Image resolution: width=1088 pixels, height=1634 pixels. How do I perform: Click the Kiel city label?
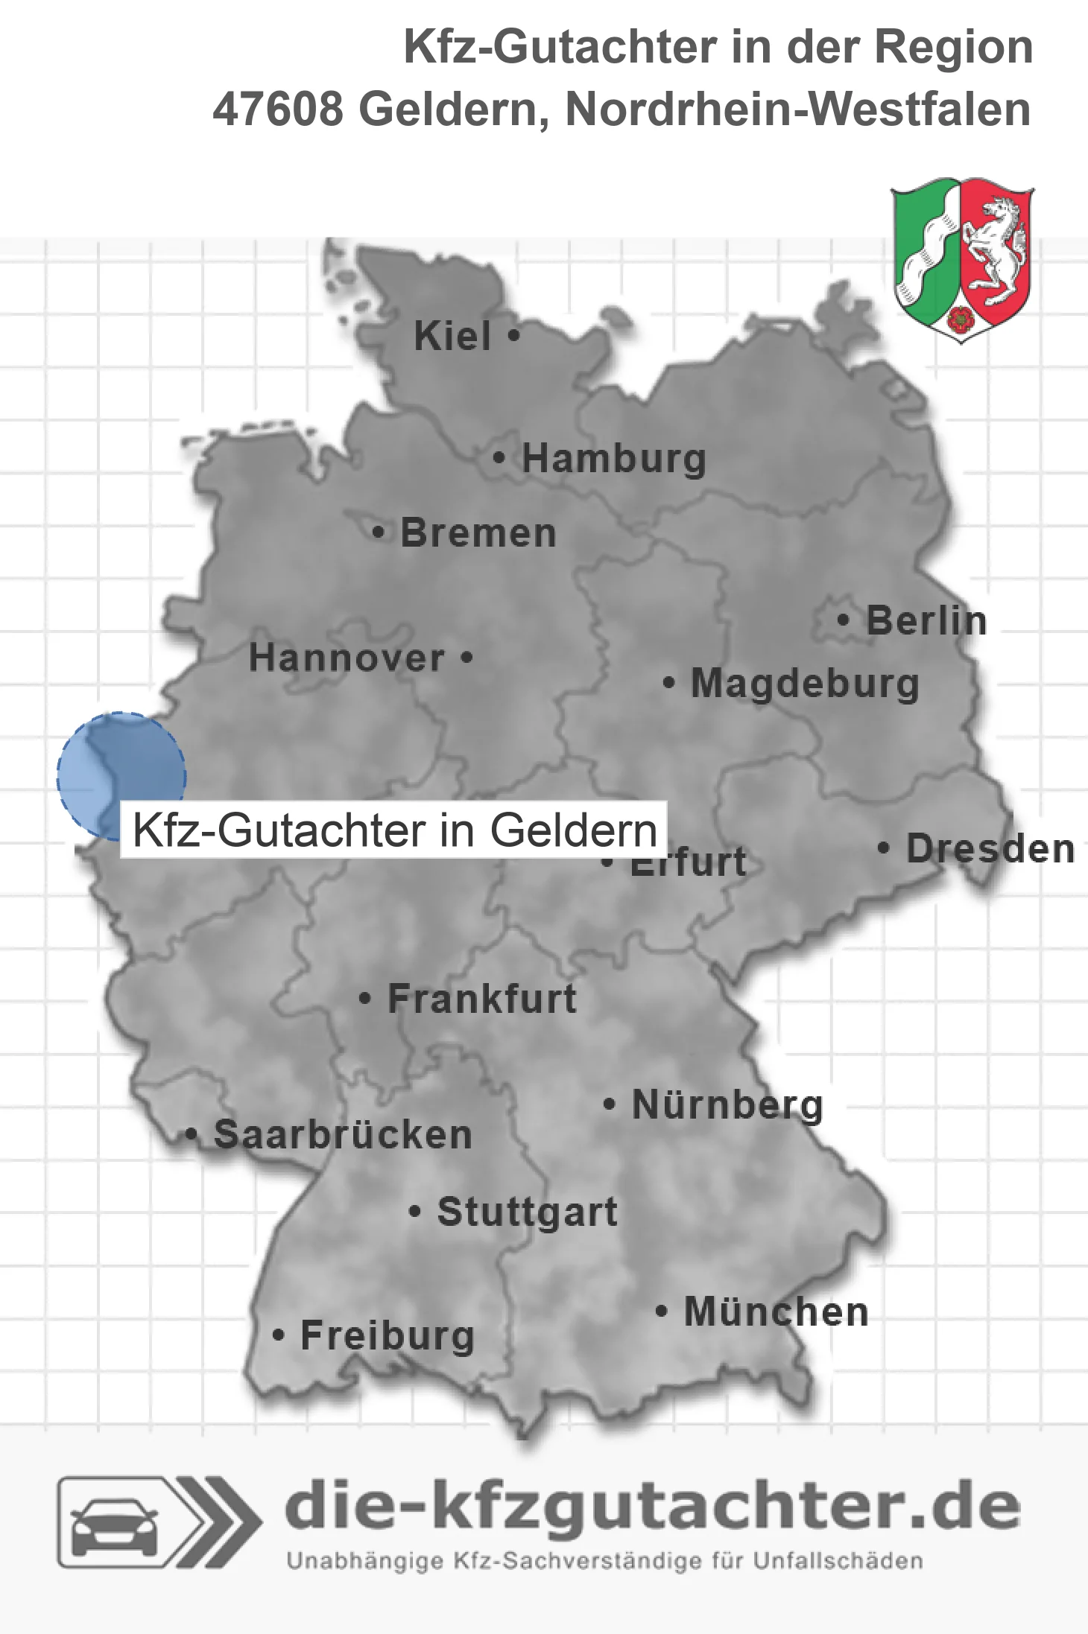pyautogui.click(x=452, y=336)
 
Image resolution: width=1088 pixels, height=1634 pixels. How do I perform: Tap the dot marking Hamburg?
pyautogui.click(x=499, y=457)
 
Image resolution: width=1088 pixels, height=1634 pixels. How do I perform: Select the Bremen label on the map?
pyautogui.click(x=478, y=533)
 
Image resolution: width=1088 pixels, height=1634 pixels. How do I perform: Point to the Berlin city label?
pyautogui.click(x=926, y=621)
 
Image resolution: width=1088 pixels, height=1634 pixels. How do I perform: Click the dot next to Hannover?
pyautogui.click(x=466, y=658)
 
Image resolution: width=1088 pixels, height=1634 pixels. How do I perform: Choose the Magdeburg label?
pyautogui.click(x=805, y=684)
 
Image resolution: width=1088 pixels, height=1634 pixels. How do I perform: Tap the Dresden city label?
pyautogui.click(x=990, y=849)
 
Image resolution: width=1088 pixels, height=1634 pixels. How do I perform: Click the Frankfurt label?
pyautogui.click(x=482, y=999)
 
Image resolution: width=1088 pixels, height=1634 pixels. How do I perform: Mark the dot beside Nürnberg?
pyautogui.click(x=609, y=1104)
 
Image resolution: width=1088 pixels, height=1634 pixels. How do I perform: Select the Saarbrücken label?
pyautogui.click(x=343, y=1135)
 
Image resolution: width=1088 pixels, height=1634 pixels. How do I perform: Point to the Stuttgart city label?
pyautogui.click(x=527, y=1212)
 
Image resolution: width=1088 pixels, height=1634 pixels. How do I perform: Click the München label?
pyautogui.click(x=777, y=1312)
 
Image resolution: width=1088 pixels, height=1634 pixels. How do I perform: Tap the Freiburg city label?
pyautogui.click(x=388, y=1336)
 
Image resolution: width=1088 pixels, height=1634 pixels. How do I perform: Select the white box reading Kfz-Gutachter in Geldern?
pyautogui.click(x=393, y=830)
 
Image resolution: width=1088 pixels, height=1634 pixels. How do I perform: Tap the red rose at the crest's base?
pyautogui.click(x=961, y=320)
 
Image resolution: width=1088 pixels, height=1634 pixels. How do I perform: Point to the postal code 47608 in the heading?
pyautogui.click(x=277, y=109)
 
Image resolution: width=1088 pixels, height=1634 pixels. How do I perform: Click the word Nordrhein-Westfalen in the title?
pyautogui.click(x=798, y=109)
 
